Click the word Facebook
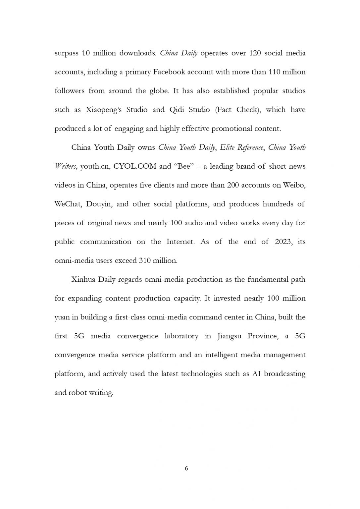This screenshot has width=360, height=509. [x=169, y=72]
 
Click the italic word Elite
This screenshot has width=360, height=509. [x=227, y=147]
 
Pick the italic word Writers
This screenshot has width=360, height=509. [x=65, y=166]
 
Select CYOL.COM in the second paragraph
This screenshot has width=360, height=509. [x=134, y=166]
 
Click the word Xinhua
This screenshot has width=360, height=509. [x=82, y=280]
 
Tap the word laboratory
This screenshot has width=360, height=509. [x=181, y=336]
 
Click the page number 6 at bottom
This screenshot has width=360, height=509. [x=186, y=468]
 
